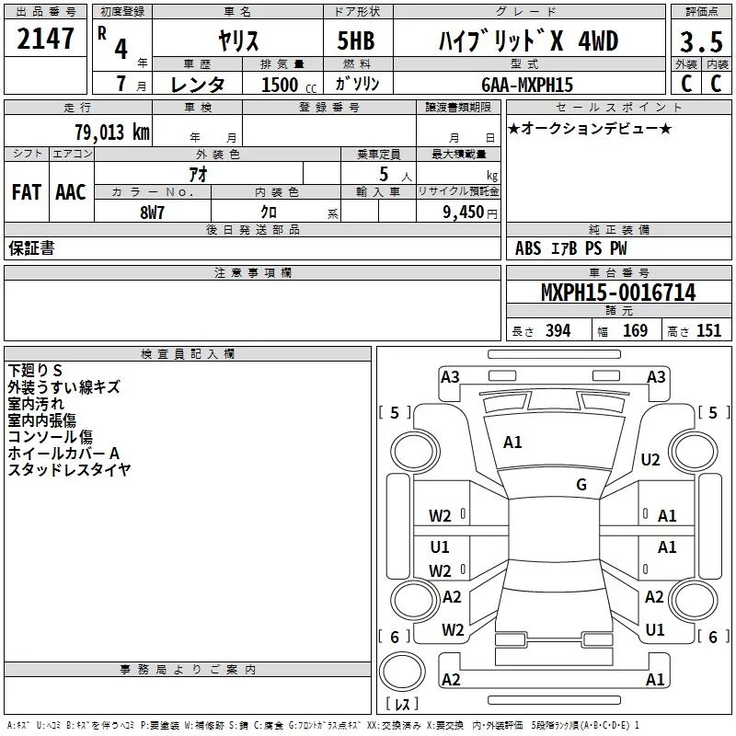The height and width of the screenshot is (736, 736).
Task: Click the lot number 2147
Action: (45, 39)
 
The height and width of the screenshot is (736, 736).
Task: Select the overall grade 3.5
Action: (701, 41)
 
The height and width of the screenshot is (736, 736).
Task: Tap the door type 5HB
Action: (356, 40)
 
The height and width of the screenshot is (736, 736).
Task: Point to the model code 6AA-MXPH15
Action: (527, 85)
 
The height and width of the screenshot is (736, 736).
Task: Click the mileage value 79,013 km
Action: (112, 132)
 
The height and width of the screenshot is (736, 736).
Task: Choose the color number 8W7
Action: (152, 213)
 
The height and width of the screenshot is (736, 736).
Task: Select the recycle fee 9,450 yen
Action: (470, 213)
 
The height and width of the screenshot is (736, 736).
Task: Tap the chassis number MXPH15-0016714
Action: (618, 293)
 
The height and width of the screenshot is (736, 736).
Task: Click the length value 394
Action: (558, 331)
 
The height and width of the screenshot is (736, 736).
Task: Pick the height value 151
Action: (708, 331)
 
